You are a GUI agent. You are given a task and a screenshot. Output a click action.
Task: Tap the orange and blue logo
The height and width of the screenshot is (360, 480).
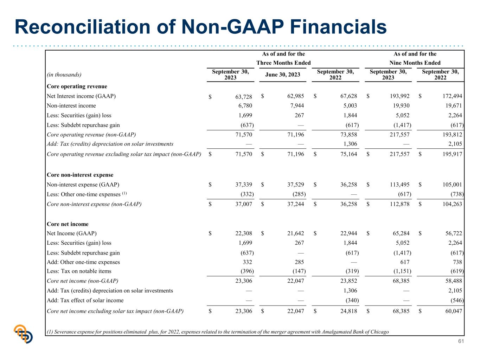pos(23,334)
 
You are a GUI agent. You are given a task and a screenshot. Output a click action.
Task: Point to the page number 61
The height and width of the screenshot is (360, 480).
pos(461,341)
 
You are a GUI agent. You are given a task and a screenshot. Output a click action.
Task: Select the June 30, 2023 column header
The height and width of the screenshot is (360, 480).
pos(282,75)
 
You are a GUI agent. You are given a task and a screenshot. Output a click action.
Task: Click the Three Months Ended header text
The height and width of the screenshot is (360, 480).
pos(283,63)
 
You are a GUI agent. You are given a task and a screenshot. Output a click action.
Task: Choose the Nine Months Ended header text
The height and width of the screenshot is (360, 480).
pos(415,63)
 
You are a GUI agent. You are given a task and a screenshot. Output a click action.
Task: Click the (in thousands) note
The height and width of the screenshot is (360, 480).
pos(64,75)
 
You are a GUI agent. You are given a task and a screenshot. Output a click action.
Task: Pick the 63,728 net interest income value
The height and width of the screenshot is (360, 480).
pos(244,97)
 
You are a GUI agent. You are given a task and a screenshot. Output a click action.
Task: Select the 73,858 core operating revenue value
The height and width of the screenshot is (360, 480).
pos(348,134)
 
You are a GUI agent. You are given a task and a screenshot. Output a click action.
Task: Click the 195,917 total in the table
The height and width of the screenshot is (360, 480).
pos(452,154)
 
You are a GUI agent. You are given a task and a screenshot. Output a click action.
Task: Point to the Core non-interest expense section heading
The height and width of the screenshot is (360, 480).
pos(80,175)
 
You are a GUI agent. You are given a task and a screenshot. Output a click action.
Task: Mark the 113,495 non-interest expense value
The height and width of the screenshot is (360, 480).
pos(399,185)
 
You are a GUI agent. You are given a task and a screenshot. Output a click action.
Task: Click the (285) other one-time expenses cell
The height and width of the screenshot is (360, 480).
pos(299,194)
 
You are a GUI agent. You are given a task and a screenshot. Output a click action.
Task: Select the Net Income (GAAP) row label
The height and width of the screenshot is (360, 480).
pos(72,233)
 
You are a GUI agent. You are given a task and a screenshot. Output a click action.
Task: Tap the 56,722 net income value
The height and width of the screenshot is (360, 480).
pos(454,233)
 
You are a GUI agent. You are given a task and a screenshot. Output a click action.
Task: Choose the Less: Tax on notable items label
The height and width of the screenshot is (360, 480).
pos(79,271)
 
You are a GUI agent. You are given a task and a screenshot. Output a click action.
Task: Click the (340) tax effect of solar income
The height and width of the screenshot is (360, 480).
pos(352,300)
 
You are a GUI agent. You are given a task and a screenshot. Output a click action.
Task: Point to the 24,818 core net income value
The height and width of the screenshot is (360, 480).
pos(348,311)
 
